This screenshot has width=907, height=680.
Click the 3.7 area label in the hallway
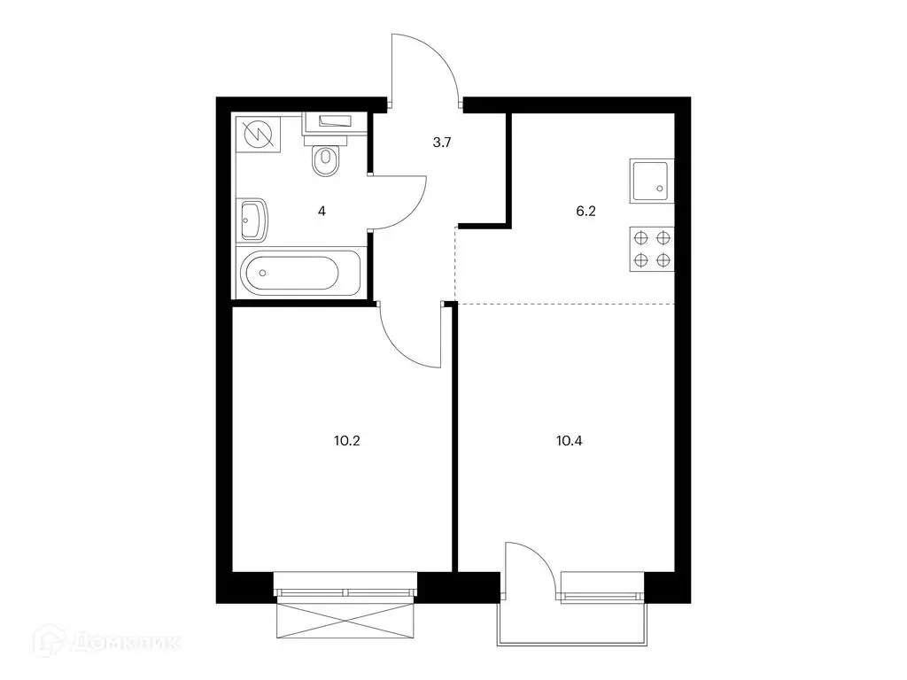pyautogui.click(x=442, y=143)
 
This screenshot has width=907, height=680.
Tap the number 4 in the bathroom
pyautogui.click(x=322, y=211)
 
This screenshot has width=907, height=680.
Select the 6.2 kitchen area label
pyautogui.click(x=585, y=211)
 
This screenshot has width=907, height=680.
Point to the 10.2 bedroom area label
pyautogui.click(x=347, y=441)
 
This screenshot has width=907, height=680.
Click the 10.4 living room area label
pyautogui.click(x=570, y=441)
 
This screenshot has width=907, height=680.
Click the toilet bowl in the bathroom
pyautogui.click(x=325, y=160)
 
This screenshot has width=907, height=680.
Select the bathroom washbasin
pyautogui.click(x=252, y=220)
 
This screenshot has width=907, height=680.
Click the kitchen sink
pyautogui.click(x=652, y=181)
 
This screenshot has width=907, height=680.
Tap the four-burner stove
pyautogui.click(x=652, y=249)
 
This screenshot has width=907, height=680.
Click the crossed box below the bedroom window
pyautogui.click(x=346, y=621)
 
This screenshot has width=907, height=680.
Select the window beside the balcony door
pyautogui.click(x=602, y=588)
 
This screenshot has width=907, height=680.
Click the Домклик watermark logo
pyautogui.click(x=107, y=641)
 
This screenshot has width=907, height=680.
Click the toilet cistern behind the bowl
pyautogui.click(x=326, y=139)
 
